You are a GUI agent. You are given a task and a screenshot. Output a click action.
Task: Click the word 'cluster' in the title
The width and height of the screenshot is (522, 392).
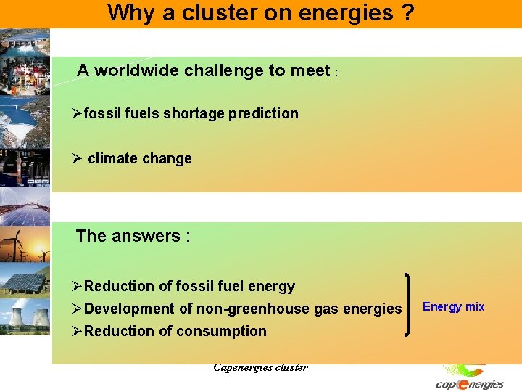point(233,12)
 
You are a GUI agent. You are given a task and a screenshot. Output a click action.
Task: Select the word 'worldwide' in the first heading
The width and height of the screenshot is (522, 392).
point(137,70)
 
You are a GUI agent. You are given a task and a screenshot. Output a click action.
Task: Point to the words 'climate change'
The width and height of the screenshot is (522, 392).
point(139,158)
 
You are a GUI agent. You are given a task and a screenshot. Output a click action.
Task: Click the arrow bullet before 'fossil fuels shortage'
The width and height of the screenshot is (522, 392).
point(78,113)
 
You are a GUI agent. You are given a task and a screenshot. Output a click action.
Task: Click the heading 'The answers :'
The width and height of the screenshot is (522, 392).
point(133,236)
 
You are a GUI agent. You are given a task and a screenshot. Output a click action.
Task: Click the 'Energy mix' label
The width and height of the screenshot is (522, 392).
point(453,306)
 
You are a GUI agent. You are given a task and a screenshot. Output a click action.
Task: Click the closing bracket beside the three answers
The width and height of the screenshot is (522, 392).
point(412,304)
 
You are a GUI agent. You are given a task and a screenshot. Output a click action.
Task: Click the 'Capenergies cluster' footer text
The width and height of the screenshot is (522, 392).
point(260,367)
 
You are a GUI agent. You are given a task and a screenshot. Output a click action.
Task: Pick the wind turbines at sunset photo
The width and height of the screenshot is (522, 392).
point(25,245)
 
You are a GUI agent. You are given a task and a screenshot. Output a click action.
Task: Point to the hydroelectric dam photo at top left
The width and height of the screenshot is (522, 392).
point(25,44)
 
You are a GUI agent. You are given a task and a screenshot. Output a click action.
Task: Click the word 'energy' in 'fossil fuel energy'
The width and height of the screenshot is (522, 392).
point(270,286)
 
